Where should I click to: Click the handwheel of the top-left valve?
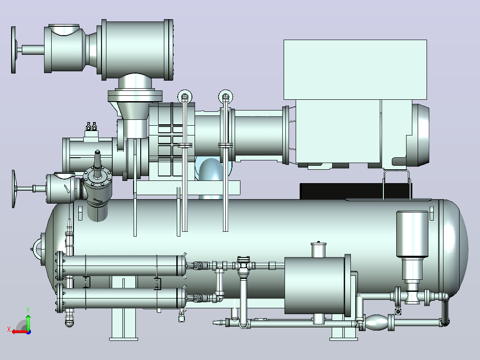[13, 50]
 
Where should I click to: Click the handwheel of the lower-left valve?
[13, 189]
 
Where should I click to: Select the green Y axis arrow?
[28, 321]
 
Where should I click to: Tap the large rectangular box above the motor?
[355, 70]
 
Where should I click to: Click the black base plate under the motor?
[356, 191]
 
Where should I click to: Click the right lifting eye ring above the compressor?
[226, 96]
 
